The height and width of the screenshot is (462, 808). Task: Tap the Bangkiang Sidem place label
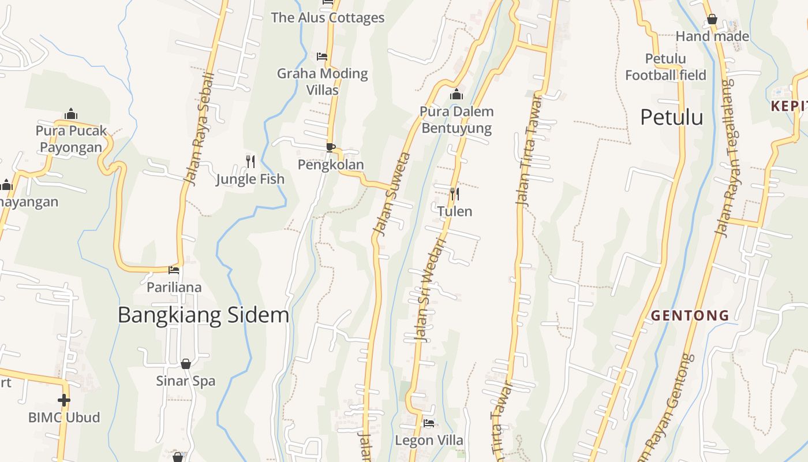pos(203,315)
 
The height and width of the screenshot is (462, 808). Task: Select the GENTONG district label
pos(690,316)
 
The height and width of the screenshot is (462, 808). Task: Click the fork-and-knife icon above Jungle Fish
pos(250,162)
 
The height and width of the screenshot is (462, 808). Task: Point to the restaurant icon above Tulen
pos(455,193)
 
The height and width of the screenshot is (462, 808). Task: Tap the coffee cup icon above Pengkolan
pos(330,147)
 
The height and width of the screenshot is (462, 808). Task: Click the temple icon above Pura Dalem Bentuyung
pos(457,94)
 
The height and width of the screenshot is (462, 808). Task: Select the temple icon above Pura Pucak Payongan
pos(71,113)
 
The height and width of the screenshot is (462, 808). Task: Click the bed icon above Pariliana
pos(174,270)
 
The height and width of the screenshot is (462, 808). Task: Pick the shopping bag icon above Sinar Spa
pos(186,364)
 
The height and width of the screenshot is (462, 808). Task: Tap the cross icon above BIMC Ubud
pos(64,400)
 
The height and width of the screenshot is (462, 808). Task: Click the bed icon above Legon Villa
pos(428,423)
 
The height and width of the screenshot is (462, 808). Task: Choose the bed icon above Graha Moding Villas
pos(322,57)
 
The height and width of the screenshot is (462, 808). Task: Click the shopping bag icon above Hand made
pos(712,20)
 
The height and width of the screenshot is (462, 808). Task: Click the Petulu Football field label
pos(665,67)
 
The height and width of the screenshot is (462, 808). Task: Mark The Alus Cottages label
pos(328,17)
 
